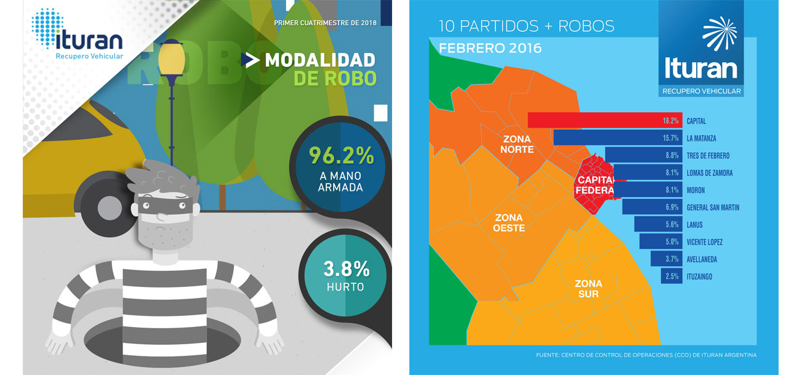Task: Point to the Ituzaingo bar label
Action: [x=699, y=276]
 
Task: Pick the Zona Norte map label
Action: [x=517, y=144]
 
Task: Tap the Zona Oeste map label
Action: [x=508, y=223]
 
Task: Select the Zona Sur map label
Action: [x=588, y=289]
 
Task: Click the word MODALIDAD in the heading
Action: [x=319, y=60]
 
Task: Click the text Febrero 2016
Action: [x=489, y=48]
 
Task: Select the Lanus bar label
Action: [x=694, y=225]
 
